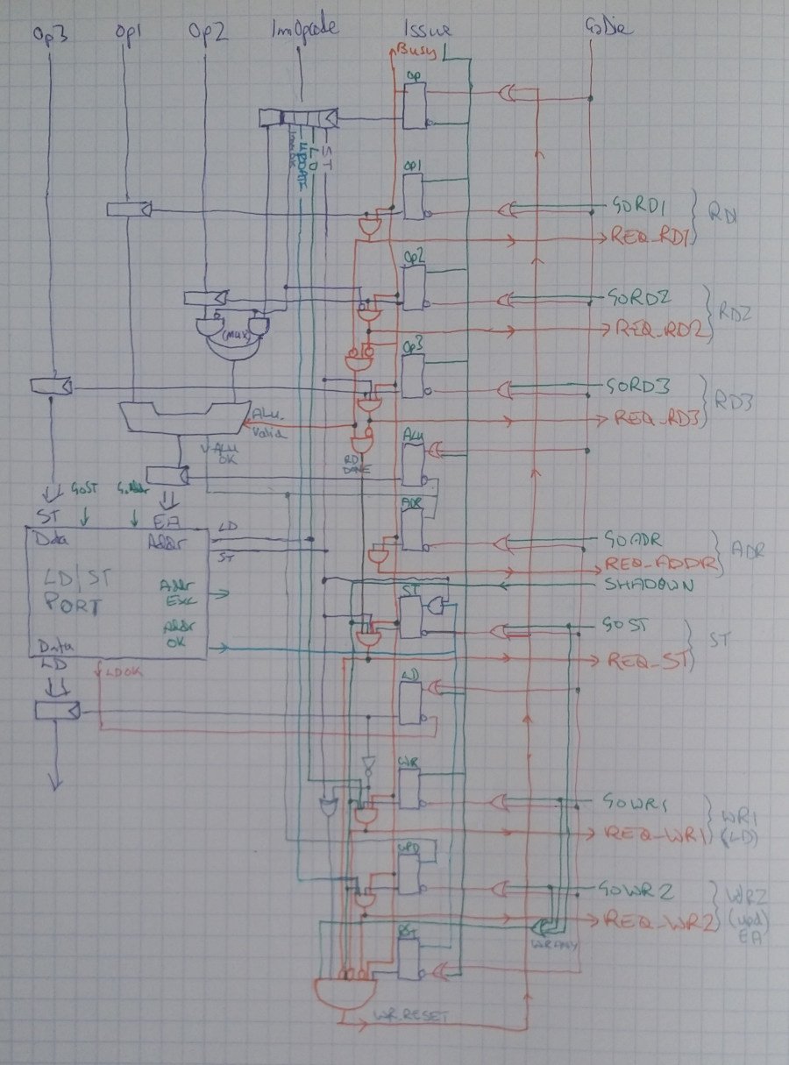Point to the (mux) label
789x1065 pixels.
(236, 334)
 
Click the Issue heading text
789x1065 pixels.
(430, 32)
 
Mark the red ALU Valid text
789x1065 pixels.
(267, 422)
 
